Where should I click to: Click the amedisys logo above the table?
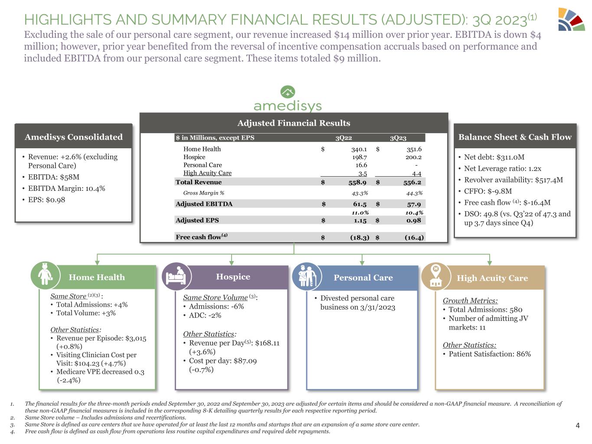click(x=288, y=99)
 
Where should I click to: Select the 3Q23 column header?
click(x=398, y=138)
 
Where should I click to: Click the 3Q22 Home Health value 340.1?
click(x=359, y=149)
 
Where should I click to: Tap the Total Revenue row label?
click(x=199, y=182)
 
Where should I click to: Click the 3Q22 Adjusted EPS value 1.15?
click(x=360, y=220)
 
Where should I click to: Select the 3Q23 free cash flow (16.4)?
click(x=413, y=237)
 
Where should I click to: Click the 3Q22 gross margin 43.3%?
click(x=360, y=193)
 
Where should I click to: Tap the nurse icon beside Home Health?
click(x=45, y=274)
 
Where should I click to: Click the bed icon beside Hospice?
click(x=176, y=276)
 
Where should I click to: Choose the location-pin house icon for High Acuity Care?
click(x=435, y=276)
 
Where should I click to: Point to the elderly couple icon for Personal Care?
click(x=307, y=276)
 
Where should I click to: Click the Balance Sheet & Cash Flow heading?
click(x=515, y=137)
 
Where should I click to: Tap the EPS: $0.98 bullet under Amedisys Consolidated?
click(x=46, y=200)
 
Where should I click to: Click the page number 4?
click(x=577, y=425)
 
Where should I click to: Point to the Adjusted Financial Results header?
click(x=294, y=123)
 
